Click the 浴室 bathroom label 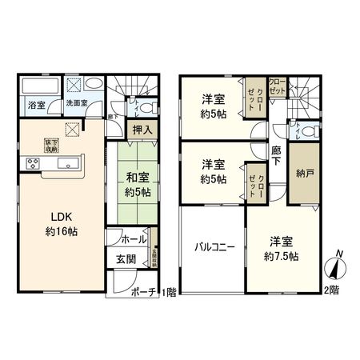pyautogui.click(x=35, y=105)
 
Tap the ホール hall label pyautogui.click(x=134, y=239)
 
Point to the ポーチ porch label pyautogui.click(x=146, y=292)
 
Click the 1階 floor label pyautogui.click(x=170, y=292)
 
